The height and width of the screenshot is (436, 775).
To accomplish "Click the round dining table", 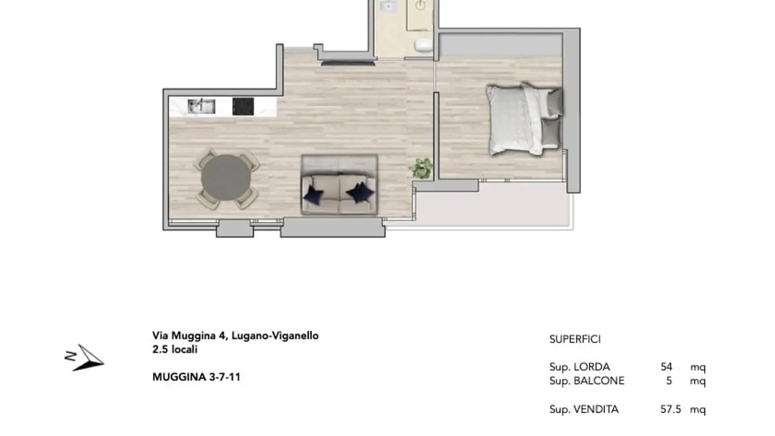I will (x=226, y=178).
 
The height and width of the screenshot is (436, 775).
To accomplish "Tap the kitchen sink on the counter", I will (x=202, y=106).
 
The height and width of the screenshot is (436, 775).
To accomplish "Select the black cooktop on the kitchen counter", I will (x=243, y=106).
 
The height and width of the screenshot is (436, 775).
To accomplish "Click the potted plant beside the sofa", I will (x=421, y=168).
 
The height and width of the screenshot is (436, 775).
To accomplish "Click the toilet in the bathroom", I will (x=424, y=45).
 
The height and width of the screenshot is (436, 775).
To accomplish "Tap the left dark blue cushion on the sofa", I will (x=313, y=194).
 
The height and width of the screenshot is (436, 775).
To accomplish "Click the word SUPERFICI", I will (x=575, y=339).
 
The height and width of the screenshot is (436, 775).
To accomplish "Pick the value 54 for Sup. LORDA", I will (x=666, y=367).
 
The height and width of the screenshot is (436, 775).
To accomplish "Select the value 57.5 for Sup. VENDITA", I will (x=671, y=410).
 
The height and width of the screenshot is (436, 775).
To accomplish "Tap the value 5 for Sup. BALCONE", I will (x=669, y=381).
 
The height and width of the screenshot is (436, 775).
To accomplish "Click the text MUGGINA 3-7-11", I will (x=196, y=377).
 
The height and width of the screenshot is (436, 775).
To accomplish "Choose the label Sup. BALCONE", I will (x=587, y=381).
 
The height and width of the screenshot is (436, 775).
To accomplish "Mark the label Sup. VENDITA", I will (x=584, y=410).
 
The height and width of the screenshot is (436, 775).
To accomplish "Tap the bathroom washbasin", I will (x=388, y=6).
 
